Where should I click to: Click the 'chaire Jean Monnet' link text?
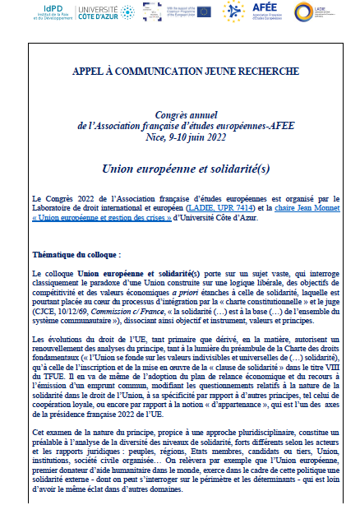[x=290, y=205]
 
